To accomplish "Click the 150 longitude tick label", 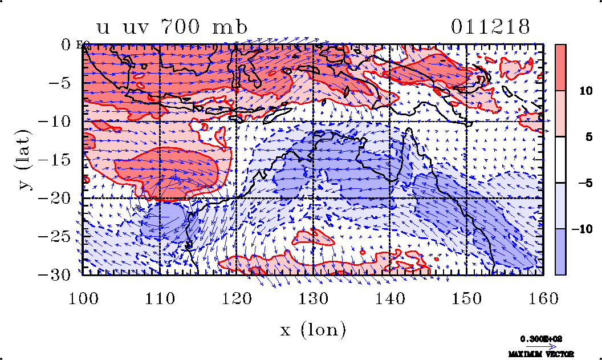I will point(466,298).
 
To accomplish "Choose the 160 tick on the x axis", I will point(543,298).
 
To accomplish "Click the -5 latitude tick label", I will point(60,83).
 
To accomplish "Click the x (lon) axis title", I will point(312,329).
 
